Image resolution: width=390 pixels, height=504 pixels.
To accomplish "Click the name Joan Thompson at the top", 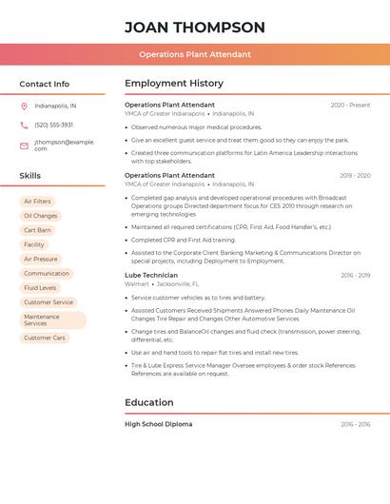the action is pos(194,28).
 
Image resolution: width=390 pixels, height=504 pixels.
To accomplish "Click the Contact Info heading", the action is pos(44,84).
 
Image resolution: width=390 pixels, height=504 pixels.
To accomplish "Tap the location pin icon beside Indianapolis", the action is pos(24,106).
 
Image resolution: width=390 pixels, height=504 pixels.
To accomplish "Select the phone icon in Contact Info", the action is pos(24,125).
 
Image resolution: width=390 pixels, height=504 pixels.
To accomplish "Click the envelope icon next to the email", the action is pos(24,145).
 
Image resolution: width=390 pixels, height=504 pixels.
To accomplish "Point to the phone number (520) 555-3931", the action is pos(53,125).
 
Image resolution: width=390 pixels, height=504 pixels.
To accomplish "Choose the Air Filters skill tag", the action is pos(37,202).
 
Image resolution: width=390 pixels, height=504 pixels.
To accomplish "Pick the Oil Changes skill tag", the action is pos(40,216).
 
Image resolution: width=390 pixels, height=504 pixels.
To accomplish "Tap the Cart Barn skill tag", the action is pos(37,230).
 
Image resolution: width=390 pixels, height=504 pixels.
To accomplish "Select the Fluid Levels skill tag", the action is pos(40,287).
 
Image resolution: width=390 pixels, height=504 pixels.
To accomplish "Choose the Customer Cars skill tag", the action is pos(45,338).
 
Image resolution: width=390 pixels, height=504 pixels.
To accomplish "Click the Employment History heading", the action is pos(173,84).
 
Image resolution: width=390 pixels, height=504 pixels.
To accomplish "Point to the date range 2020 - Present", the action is pos(350,105).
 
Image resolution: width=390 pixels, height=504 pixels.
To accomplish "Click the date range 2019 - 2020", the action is pos(355,175).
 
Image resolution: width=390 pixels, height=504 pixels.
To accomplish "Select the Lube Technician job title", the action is pos(150,275).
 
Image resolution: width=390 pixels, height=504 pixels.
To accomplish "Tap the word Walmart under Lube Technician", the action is pos(137,283).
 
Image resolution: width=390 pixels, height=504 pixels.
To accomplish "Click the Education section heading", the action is pos(148,402).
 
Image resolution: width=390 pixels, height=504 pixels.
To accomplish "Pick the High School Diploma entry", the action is pos(158,424).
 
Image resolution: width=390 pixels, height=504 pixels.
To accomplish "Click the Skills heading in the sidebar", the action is pos(29,176).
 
